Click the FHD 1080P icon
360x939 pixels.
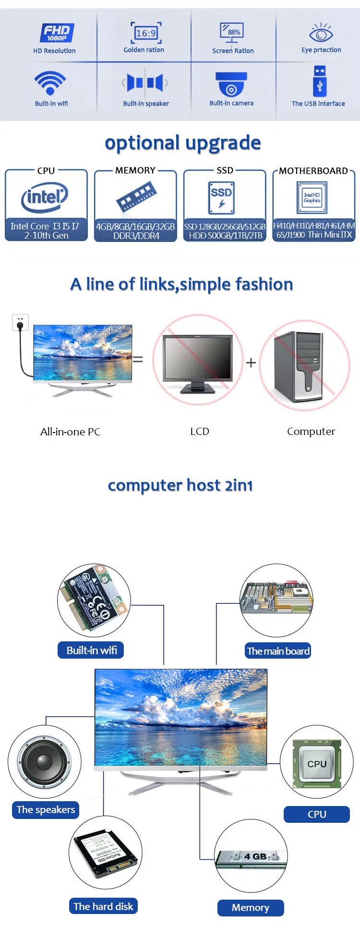point(57,33)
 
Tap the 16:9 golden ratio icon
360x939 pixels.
point(146,33)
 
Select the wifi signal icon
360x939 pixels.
point(50,83)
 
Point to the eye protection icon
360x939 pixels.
point(321,33)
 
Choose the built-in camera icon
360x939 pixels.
point(231,84)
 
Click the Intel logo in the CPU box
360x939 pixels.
point(45,197)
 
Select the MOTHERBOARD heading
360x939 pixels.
point(313,171)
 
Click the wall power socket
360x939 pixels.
point(20,322)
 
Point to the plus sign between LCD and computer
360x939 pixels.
point(251,362)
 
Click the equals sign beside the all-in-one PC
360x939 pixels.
point(138,359)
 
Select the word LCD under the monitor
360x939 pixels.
point(200,431)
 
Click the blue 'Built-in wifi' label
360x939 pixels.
point(91,650)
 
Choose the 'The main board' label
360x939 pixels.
point(278,651)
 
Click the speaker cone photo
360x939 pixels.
point(44,762)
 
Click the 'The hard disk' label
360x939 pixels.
point(103,906)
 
